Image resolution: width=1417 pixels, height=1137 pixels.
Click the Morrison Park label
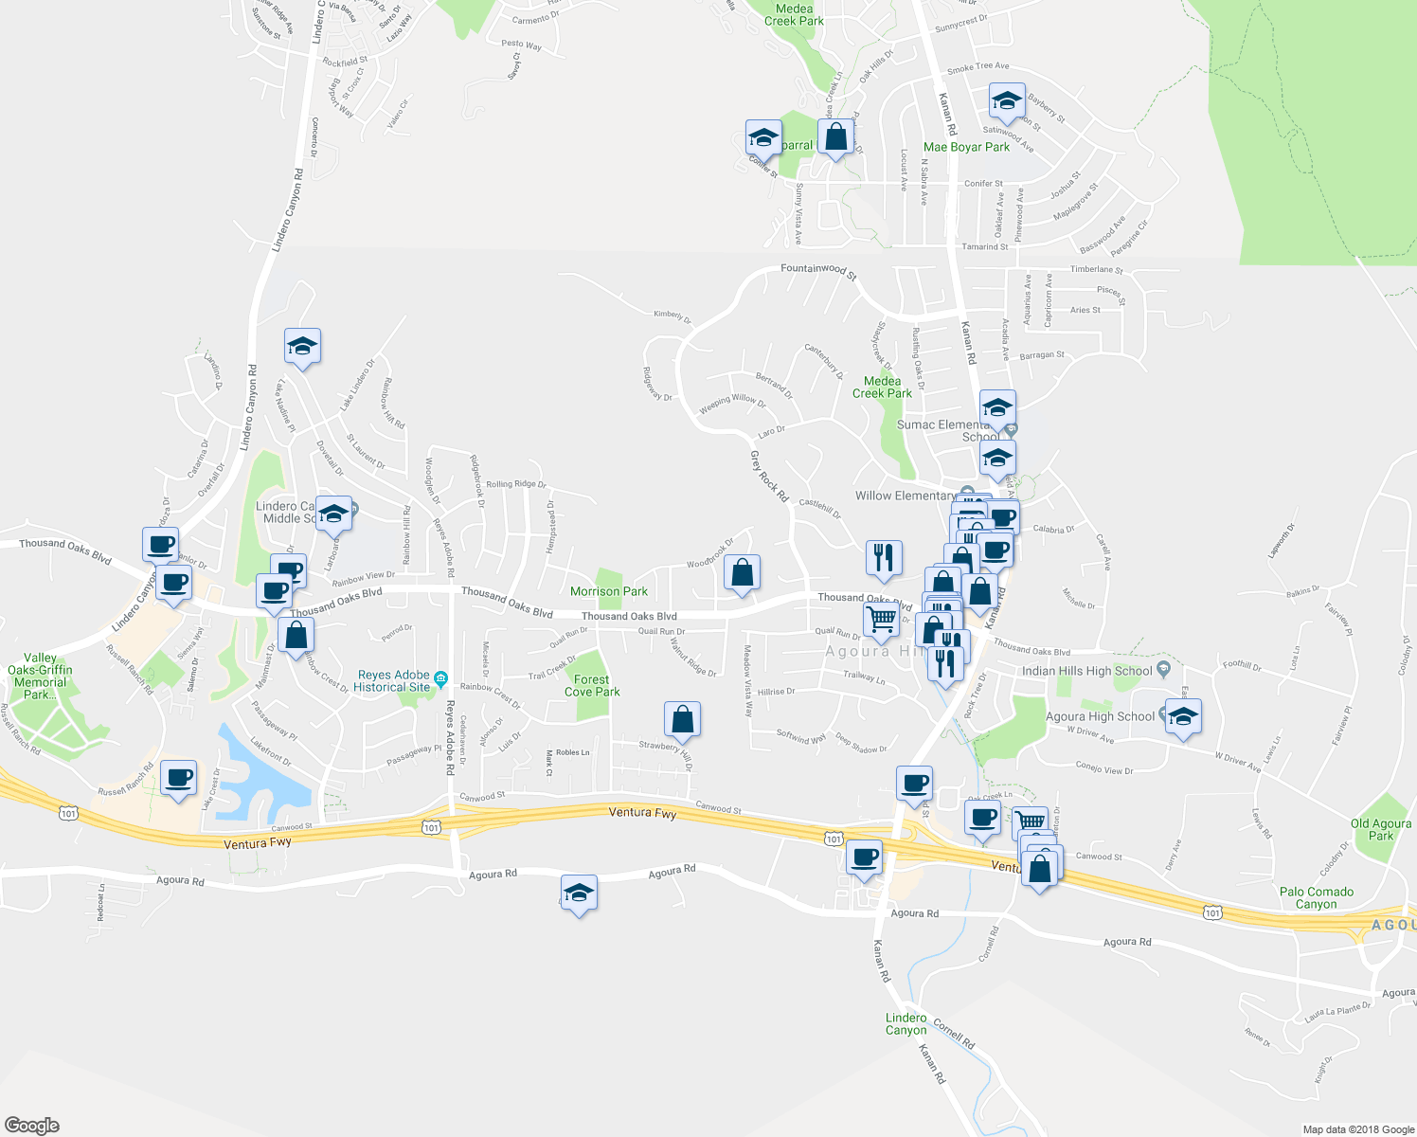(x=609, y=591)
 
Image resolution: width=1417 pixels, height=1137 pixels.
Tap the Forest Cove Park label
(x=592, y=685)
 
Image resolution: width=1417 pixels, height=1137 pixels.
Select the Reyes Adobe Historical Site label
(x=393, y=681)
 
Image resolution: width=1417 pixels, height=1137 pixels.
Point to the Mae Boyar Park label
(x=966, y=147)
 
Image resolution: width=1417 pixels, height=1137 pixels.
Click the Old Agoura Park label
(x=1381, y=829)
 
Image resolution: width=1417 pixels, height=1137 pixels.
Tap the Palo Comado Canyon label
(x=1317, y=897)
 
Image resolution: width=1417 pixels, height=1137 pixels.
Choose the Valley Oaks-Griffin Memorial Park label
(x=40, y=676)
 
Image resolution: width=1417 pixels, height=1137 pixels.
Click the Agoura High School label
(x=1100, y=716)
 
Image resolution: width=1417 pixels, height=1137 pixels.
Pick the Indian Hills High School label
(x=1086, y=671)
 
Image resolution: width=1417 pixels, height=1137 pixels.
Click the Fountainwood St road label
(x=818, y=270)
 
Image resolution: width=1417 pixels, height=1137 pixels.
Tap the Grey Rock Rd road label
(x=769, y=476)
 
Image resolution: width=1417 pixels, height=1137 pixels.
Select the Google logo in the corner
(x=32, y=1125)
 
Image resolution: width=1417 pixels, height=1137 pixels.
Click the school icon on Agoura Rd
(x=579, y=893)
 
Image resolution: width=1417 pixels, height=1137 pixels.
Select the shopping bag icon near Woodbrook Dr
(x=742, y=572)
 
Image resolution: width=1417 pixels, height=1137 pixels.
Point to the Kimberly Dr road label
(x=673, y=316)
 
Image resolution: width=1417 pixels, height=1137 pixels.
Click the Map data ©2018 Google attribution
(x=1358, y=1129)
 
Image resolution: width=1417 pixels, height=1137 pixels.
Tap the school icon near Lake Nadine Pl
(x=302, y=347)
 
